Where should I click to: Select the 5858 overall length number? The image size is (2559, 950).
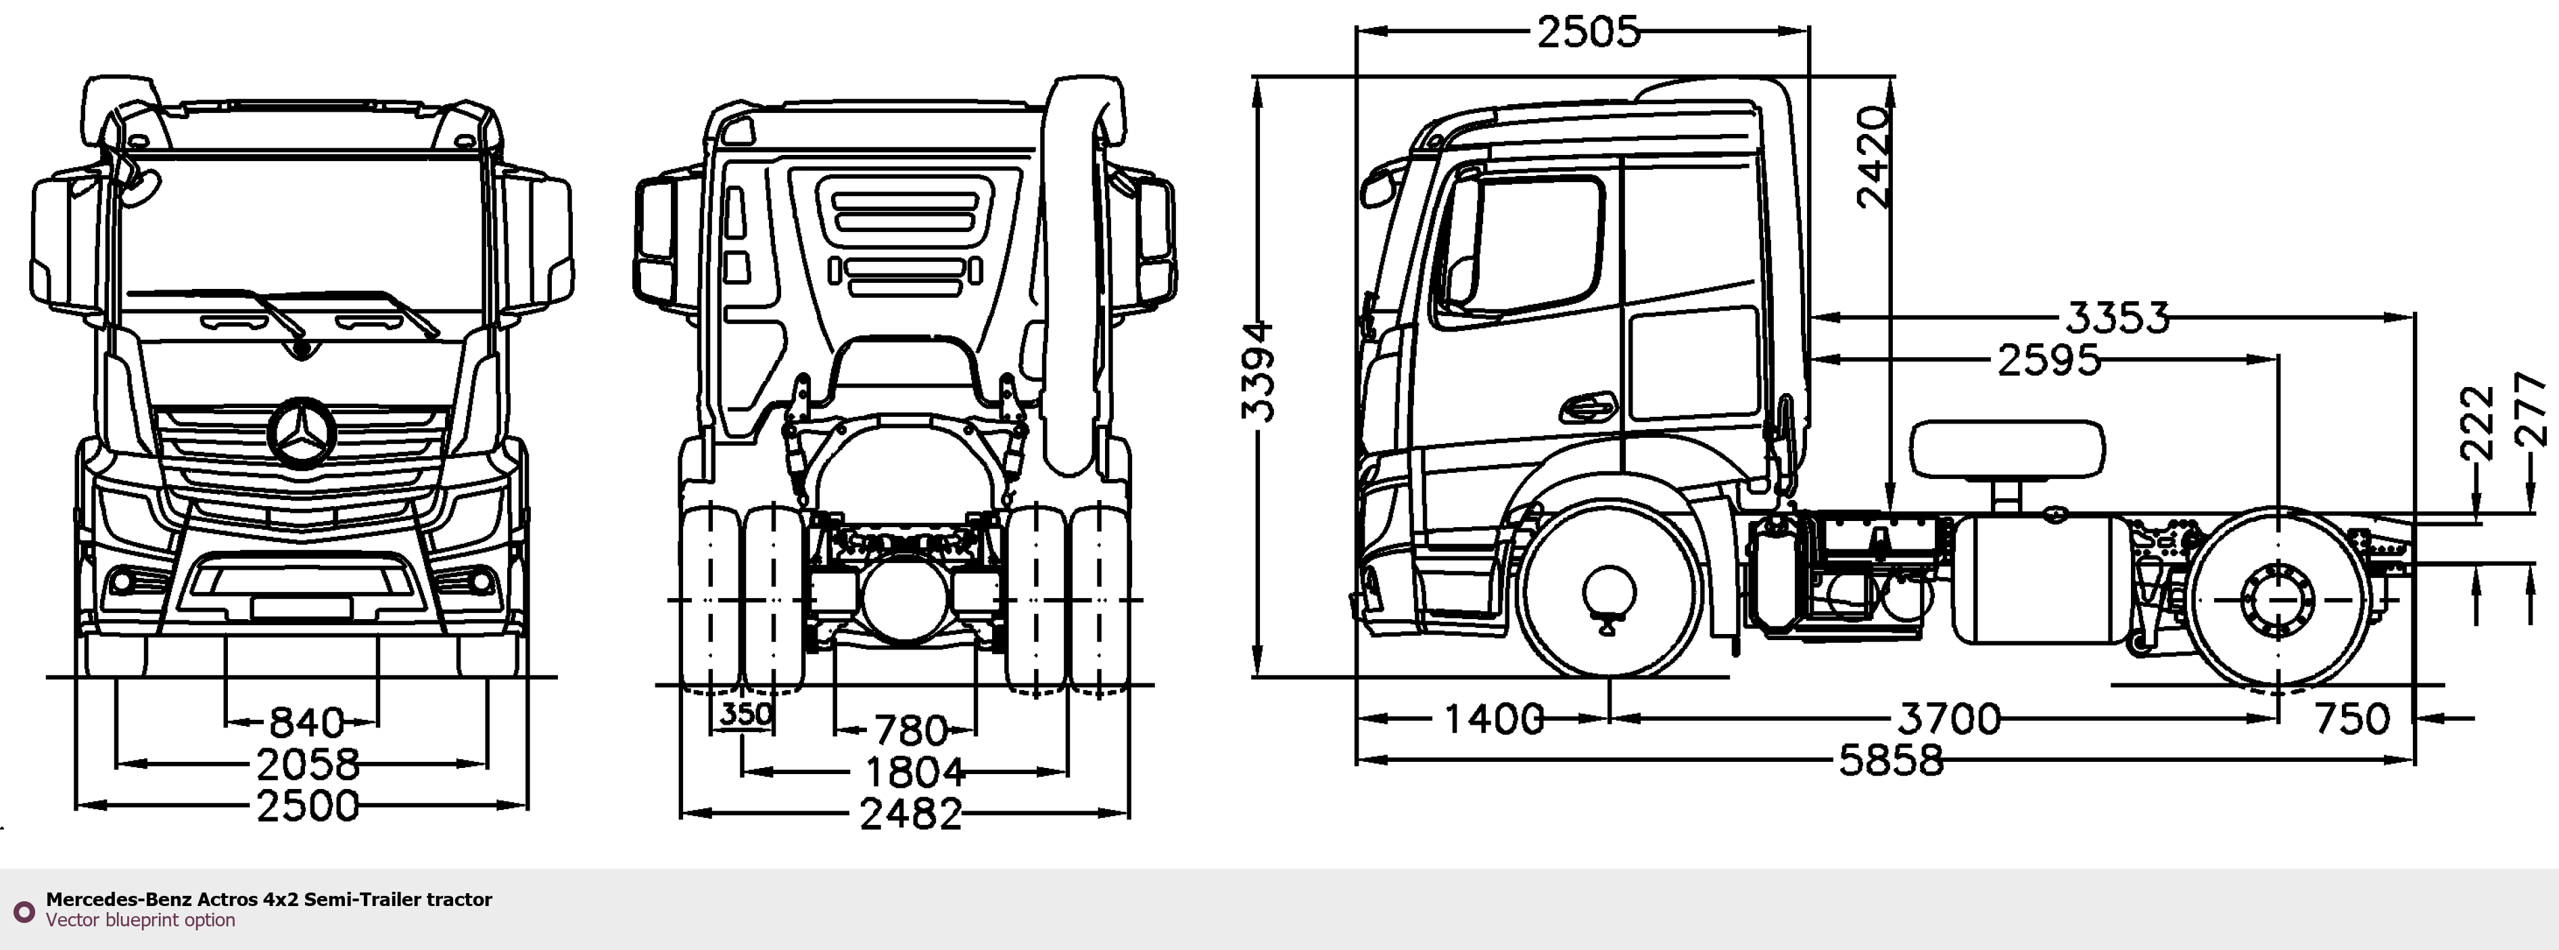click(x=1890, y=761)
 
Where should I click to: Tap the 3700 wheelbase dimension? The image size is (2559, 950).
click(x=1949, y=719)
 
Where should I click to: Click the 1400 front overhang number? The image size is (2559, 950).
click(x=1493, y=719)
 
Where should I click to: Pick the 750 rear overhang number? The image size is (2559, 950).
click(x=2351, y=719)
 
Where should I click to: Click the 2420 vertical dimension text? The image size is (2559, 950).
click(x=1873, y=157)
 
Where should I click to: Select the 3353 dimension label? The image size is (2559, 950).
click(x=2117, y=318)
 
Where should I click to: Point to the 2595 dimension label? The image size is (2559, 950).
click(x=2048, y=361)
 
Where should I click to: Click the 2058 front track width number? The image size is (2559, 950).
click(x=308, y=764)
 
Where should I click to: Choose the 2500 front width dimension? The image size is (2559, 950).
click(x=308, y=806)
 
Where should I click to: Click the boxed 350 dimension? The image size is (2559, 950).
click(x=745, y=713)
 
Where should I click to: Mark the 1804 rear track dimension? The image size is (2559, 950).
click(x=914, y=772)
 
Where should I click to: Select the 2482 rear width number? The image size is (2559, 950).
click(x=911, y=815)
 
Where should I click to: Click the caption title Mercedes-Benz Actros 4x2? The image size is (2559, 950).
click(x=268, y=899)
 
